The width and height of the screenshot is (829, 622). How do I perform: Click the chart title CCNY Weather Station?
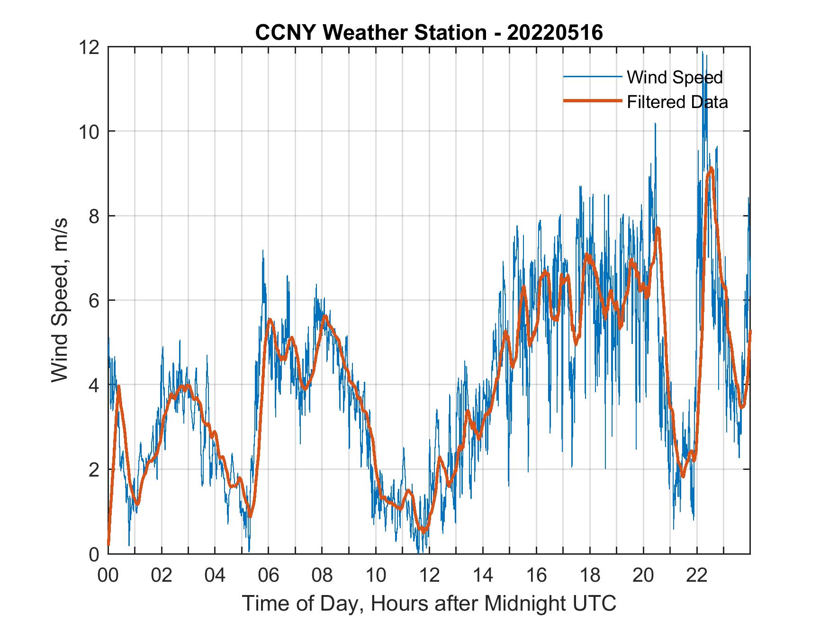370,33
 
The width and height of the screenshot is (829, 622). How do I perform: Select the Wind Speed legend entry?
675,77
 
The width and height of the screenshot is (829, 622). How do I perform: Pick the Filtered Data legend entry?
677,102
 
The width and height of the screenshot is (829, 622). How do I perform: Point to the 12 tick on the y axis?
89,47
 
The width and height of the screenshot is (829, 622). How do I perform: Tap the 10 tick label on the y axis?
89,132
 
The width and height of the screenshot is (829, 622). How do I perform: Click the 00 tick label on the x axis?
108,576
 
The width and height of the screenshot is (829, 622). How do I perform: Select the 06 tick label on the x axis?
269,576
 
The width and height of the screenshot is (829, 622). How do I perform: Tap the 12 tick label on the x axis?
429,576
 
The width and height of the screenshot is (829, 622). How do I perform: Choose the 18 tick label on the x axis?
590,576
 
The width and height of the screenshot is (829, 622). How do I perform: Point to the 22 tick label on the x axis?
697,576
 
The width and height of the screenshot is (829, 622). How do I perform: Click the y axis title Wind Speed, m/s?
60,300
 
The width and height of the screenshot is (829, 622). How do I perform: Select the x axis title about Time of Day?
429,603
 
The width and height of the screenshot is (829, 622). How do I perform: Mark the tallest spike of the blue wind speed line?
703,52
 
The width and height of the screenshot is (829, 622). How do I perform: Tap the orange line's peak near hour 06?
270,319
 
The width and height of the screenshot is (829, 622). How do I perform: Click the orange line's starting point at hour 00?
108,545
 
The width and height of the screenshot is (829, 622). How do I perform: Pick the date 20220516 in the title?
555,33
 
